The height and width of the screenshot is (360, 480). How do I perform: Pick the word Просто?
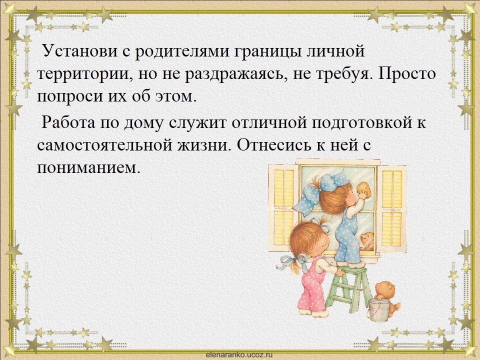pyautogui.click(x=406, y=73)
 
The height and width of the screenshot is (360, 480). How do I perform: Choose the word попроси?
pyautogui.click(x=66, y=96)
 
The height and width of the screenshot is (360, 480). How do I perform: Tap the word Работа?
pyautogui.click(x=69, y=122)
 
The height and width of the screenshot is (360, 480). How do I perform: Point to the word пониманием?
pyautogui.click(x=88, y=167)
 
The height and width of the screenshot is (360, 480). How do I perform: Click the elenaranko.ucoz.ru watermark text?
pyautogui.click(x=239, y=354)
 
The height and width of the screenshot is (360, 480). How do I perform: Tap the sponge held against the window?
pyautogui.click(x=364, y=190)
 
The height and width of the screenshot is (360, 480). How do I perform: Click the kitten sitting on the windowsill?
pyautogui.click(x=366, y=241)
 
